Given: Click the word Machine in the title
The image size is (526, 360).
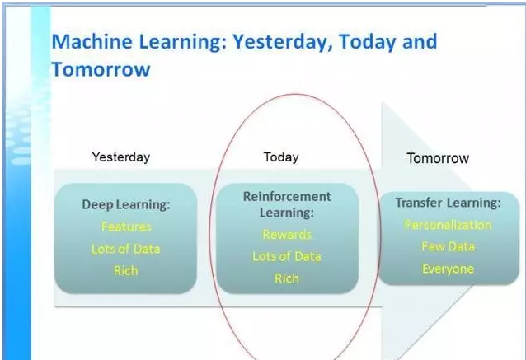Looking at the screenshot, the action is click(x=92, y=41).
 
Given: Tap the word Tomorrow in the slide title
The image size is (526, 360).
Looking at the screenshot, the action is click(x=101, y=69).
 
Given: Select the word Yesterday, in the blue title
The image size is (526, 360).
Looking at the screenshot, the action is click(x=283, y=42).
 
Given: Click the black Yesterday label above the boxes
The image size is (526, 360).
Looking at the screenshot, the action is click(x=121, y=157).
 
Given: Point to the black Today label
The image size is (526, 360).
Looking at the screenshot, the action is click(x=281, y=157).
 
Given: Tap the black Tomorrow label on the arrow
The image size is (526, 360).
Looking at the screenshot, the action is click(x=438, y=158).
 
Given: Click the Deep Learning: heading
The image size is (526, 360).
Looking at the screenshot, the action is click(x=126, y=204).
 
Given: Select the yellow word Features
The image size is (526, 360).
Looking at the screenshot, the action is click(x=126, y=227).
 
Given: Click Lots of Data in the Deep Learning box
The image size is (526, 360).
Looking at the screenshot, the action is click(x=126, y=249).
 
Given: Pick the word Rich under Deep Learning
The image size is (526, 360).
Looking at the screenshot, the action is click(x=126, y=270).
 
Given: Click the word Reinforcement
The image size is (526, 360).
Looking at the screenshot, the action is click(x=287, y=196).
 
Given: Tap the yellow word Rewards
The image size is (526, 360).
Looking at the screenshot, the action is click(x=287, y=235).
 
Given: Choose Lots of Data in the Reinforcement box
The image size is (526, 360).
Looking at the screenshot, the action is click(x=287, y=257).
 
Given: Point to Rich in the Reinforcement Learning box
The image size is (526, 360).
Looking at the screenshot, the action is click(x=287, y=278).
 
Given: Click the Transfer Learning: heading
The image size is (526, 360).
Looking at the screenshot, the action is click(x=449, y=203).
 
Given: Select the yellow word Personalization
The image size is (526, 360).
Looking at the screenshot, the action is click(x=449, y=225).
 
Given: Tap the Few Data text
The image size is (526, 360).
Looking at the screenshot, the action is click(x=449, y=246).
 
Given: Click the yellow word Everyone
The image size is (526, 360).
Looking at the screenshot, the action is click(x=449, y=269).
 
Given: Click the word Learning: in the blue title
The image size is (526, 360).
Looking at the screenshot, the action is click(x=183, y=42).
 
